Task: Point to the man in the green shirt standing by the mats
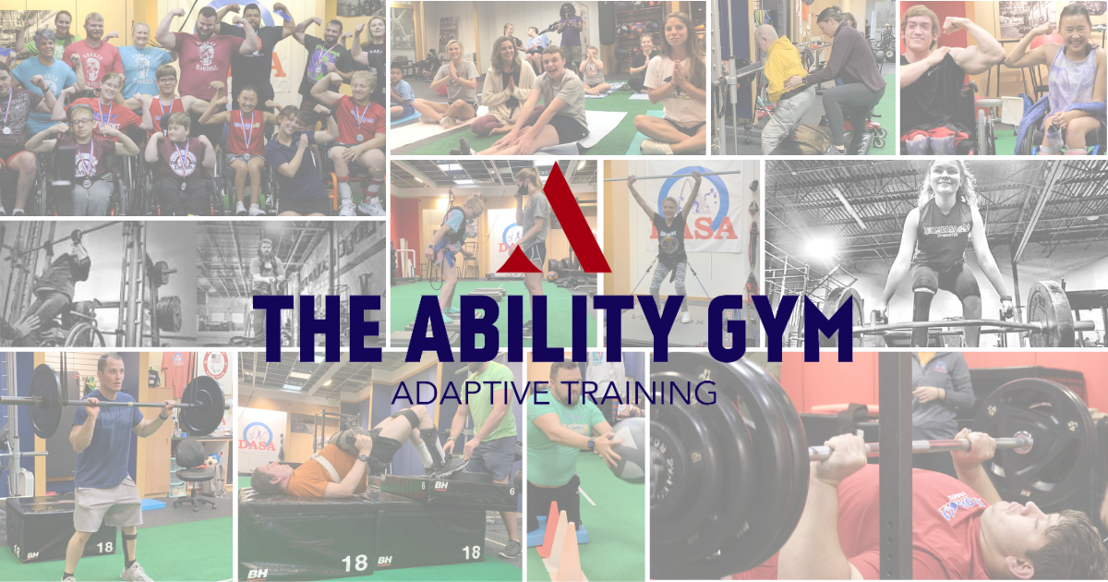[489, 434]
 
